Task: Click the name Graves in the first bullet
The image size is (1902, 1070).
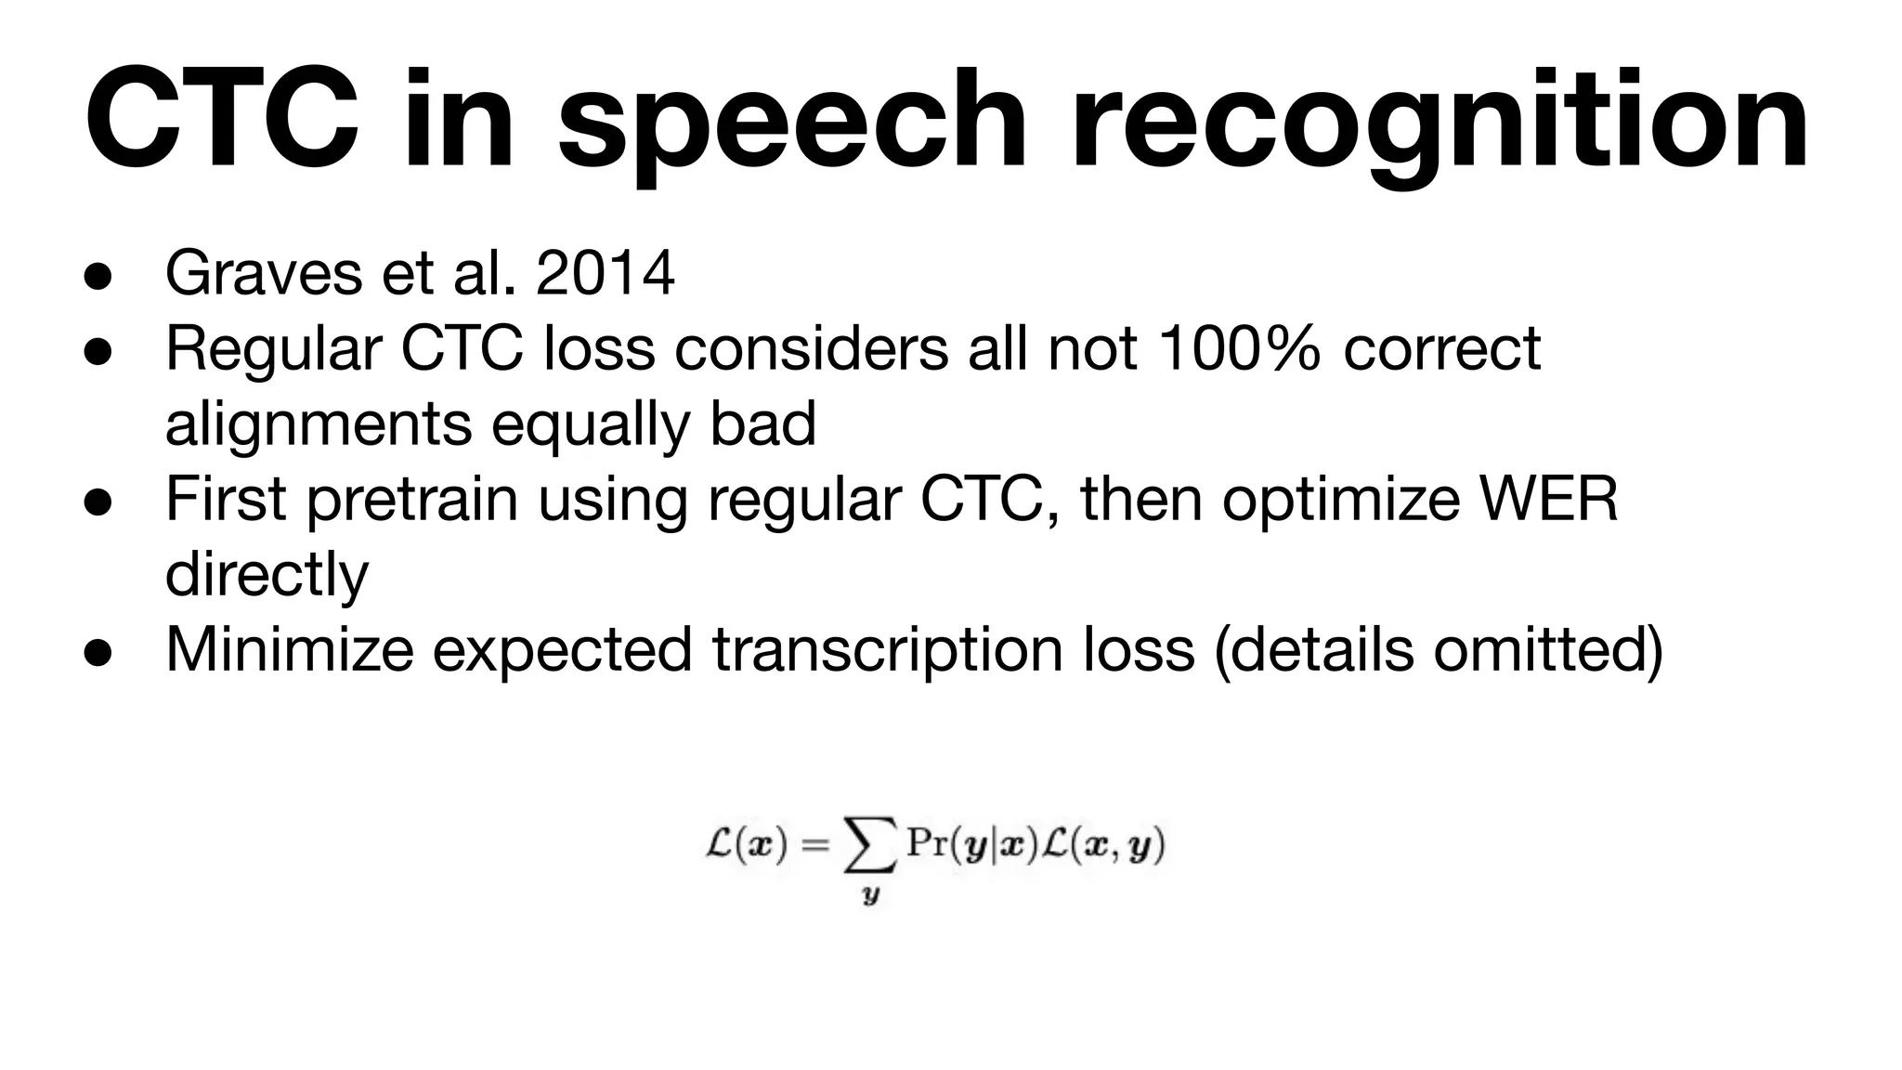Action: click(x=263, y=274)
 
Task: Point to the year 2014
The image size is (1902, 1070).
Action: click(x=606, y=274)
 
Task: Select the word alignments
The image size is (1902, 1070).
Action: click(x=319, y=425)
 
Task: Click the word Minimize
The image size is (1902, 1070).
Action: click(x=289, y=649)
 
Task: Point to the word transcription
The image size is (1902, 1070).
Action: click(x=887, y=649)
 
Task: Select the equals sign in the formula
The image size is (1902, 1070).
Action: click(x=814, y=844)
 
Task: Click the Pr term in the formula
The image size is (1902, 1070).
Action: click(x=927, y=843)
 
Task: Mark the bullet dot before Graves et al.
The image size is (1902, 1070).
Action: click(x=97, y=276)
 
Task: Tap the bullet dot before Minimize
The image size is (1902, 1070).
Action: click(x=97, y=651)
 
